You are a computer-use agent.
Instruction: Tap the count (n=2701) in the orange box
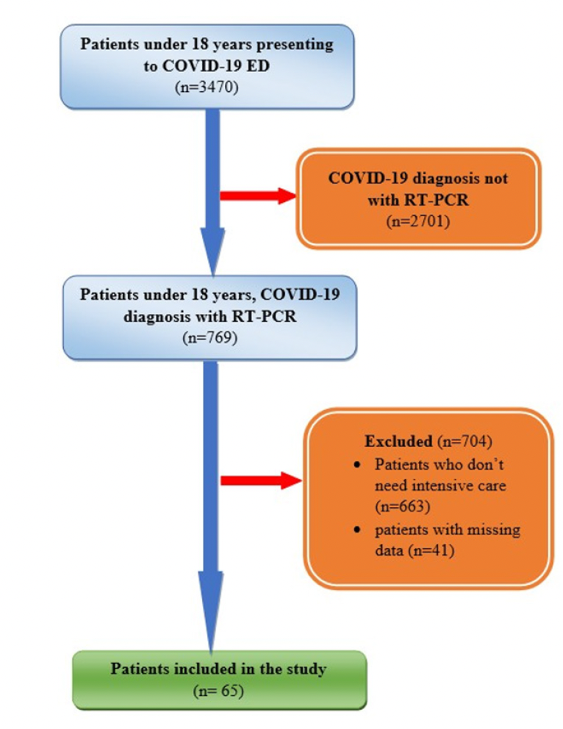[418, 220]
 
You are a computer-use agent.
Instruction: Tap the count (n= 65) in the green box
[218, 690]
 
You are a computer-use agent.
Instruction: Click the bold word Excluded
[398, 442]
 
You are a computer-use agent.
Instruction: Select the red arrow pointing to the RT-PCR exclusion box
[257, 195]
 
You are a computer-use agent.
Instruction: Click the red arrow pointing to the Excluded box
[261, 481]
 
